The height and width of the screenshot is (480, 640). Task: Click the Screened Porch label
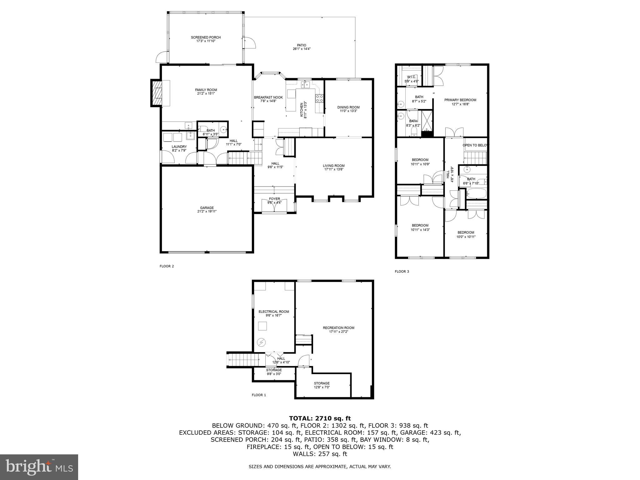coord(206,37)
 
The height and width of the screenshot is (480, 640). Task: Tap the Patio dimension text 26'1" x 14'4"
coord(301,49)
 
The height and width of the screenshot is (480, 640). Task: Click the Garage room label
coord(207,208)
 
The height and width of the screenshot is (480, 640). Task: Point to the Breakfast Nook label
coord(268,97)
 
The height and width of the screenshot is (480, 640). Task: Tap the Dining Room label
coord(348,107)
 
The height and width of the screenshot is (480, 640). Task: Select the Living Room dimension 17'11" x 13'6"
coord(333,169)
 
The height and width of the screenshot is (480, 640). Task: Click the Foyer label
coord(274,199)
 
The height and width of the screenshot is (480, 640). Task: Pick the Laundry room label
coord(179,147)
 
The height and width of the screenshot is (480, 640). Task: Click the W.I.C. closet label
coord(411,77)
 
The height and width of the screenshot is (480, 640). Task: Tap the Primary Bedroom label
coord(460,100)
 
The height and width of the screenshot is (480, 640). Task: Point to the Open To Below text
coord(475,145)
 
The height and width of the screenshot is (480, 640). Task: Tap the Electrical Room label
coord(273,312)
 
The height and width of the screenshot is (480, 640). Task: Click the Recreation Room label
coord(338,328)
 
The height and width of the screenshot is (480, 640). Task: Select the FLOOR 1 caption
coord(259,395)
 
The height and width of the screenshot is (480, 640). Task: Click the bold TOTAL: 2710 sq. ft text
coord(320,418)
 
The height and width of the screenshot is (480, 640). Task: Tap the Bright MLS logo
coord(39,467)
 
